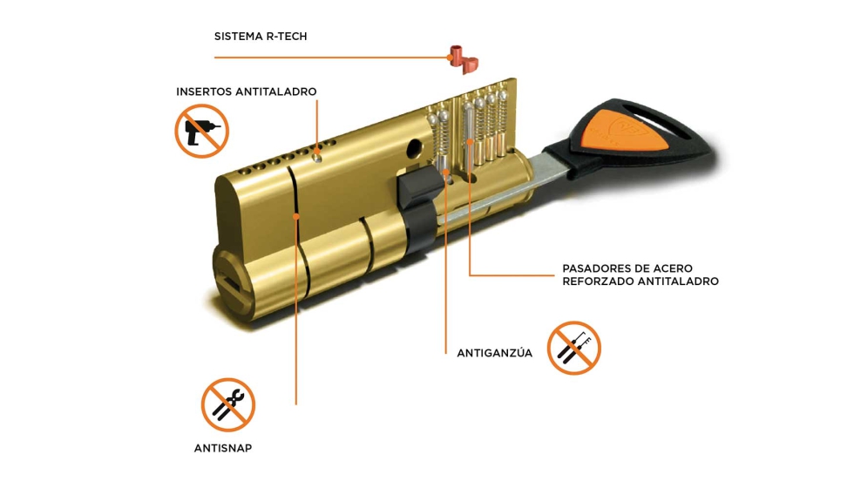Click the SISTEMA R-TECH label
coord(261,37)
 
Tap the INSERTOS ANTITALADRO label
coord(246,91)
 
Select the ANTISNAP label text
coord(223,448)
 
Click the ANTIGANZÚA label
coord(495,353)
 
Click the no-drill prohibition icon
coord(201,132)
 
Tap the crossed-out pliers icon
coord(228,404)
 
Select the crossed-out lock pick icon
coord(574,348)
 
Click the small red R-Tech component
coord(464,60)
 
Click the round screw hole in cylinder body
coord(415,146)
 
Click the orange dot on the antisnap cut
coord(296,216)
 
